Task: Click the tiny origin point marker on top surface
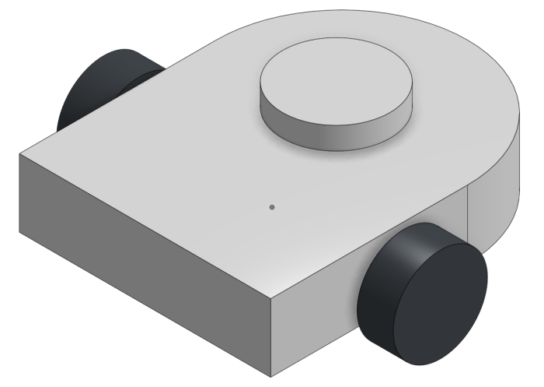[271, 207]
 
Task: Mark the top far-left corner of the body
[19, 153]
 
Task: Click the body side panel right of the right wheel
[474, 226]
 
